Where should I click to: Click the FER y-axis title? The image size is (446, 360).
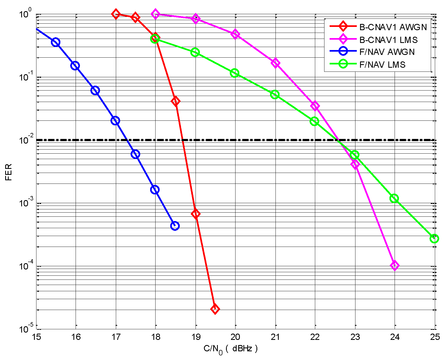(8, 172)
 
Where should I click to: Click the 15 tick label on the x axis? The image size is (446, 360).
(36, 337)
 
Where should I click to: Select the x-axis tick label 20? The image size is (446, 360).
(235, 337)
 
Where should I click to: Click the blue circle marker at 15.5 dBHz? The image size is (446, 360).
(56, 42)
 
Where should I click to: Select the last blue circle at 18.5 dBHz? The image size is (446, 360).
(175, 226)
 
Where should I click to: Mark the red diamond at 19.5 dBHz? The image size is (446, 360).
(215, 309)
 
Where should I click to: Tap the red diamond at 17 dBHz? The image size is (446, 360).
(116, 14)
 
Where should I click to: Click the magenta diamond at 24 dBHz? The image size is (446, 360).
(395, 266)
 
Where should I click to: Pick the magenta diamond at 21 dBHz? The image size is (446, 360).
(275, 63)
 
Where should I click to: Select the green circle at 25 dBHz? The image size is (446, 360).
(434, 239)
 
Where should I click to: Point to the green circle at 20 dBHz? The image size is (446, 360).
(234, 73)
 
